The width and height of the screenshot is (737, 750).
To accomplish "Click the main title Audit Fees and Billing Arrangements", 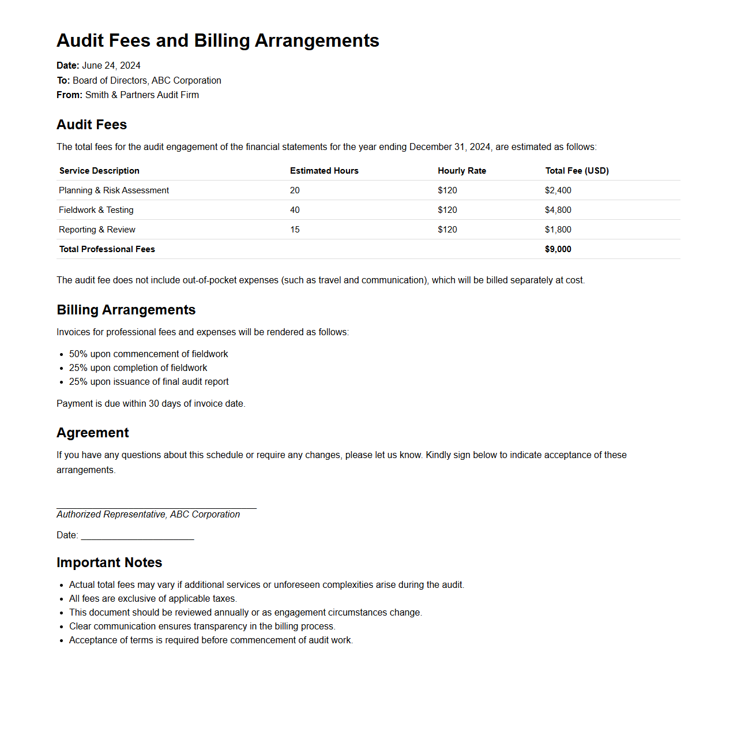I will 217,40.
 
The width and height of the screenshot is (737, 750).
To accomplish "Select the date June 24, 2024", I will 111,66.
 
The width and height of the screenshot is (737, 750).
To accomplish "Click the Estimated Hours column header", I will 324,171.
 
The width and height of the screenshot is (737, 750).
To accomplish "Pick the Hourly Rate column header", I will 461,171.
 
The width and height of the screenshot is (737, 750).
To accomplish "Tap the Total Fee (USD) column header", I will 577,171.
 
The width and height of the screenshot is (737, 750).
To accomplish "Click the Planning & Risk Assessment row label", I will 114,190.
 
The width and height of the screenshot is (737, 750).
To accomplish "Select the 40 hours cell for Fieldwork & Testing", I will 295,210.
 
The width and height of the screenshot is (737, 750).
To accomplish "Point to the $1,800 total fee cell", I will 558,230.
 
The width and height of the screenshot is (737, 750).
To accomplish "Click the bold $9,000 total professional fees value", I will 558,249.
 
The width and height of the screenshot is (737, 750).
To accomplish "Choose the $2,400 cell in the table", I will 558,190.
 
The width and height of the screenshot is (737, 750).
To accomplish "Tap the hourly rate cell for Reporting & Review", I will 447,230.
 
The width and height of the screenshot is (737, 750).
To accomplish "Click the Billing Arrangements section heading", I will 126,310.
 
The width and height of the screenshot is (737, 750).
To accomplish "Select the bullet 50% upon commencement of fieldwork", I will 148,354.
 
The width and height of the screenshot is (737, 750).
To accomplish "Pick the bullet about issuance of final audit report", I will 149,382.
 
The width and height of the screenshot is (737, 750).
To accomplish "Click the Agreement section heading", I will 92,433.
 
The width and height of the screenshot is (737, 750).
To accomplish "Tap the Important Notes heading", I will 109,562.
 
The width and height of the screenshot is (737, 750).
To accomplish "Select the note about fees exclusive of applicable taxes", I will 153,599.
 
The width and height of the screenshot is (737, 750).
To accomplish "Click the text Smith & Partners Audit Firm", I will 142,95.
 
